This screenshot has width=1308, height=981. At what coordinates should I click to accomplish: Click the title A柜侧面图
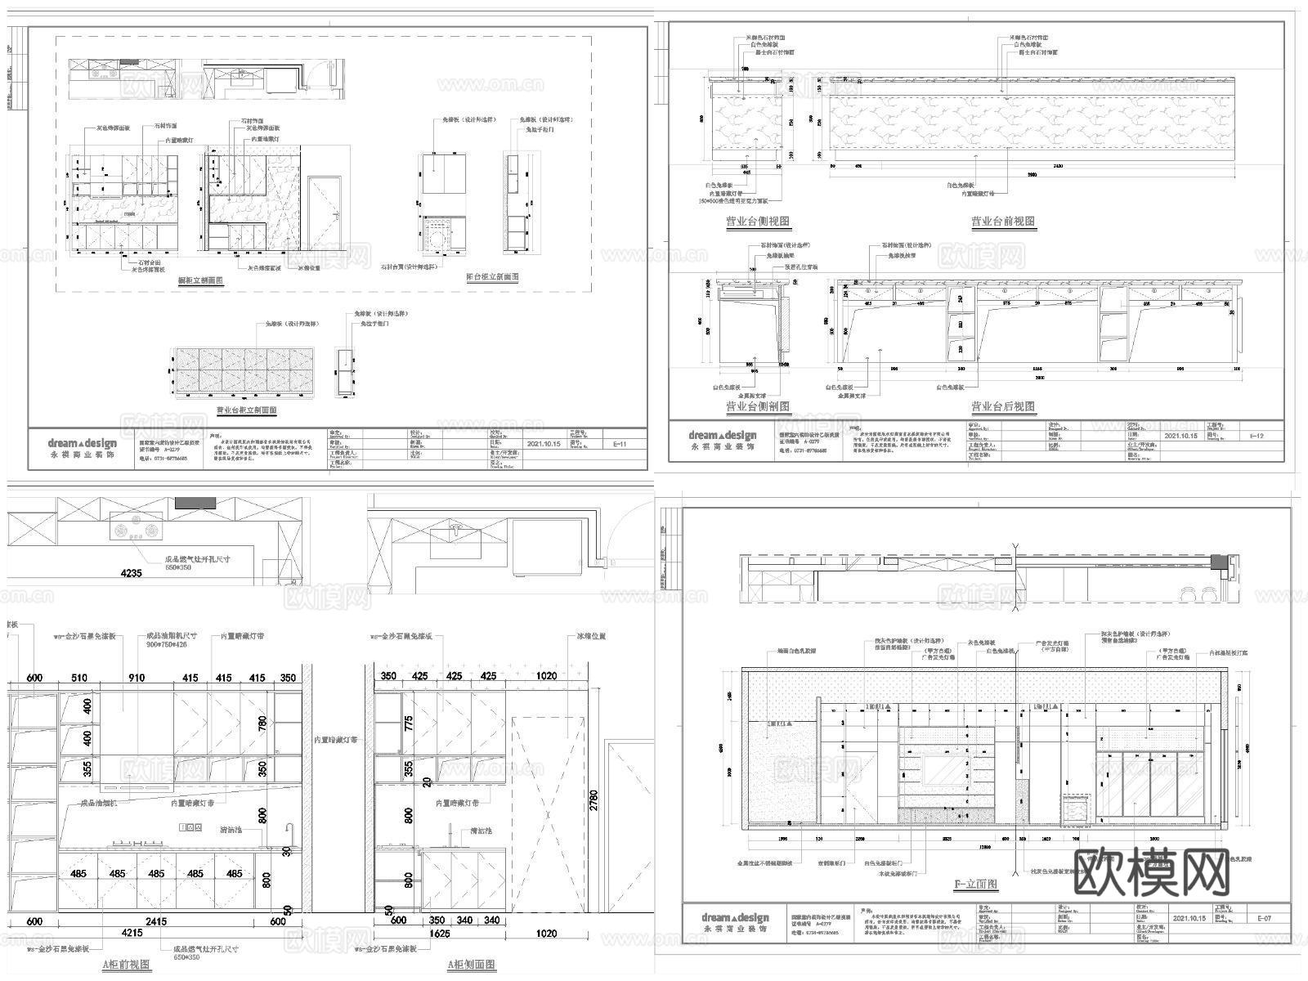472,964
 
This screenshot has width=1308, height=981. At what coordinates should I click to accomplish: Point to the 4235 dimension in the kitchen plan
131,573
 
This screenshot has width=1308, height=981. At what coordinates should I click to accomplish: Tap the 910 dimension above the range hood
137,677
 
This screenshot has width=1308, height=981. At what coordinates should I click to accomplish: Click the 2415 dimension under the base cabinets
156,921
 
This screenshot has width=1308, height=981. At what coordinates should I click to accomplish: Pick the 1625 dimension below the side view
441,933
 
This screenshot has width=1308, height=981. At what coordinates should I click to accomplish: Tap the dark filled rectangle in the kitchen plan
195,503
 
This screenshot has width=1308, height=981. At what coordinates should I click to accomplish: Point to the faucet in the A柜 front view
289,834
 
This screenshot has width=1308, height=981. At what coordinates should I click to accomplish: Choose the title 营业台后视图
1002,406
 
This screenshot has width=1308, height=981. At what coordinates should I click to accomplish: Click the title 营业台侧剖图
758,406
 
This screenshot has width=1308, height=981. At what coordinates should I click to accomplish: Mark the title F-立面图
976,884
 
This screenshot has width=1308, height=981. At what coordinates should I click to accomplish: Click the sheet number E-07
1265,919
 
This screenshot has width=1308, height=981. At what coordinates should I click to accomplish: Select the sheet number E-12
1256,436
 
